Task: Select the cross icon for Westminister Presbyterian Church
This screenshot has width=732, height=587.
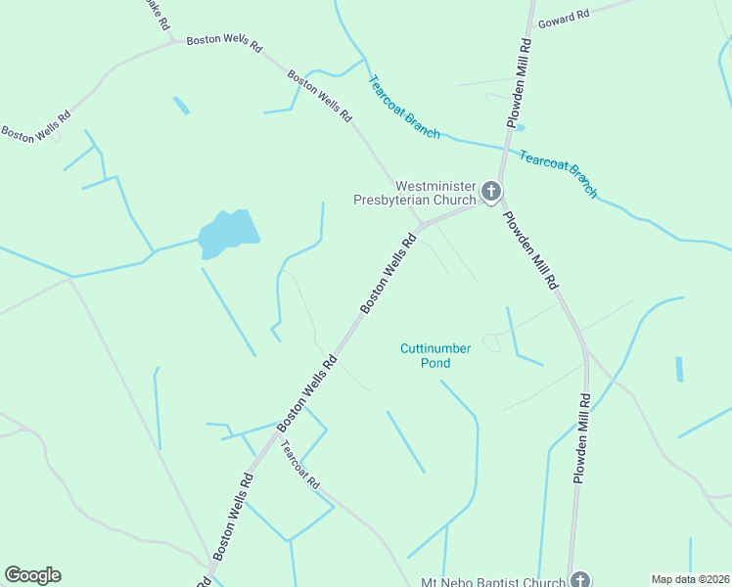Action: (491, 192)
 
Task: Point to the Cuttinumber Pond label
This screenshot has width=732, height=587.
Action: (436, 355)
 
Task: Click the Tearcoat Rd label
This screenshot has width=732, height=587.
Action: (301, 465)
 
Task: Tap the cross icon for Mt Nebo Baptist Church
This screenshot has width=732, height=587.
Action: (580, 580)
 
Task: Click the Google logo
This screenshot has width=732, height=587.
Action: (32, 575)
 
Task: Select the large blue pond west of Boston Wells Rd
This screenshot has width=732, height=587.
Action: (229, 234)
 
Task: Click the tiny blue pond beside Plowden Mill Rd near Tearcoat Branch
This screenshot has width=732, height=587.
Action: (519, 127)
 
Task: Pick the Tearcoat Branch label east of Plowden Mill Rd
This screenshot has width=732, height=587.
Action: (558, 173)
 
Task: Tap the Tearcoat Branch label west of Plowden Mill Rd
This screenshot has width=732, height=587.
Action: (404, 107)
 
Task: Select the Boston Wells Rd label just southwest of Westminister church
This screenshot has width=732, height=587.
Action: (389, 272)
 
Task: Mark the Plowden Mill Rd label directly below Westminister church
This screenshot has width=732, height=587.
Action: (529, 248)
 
